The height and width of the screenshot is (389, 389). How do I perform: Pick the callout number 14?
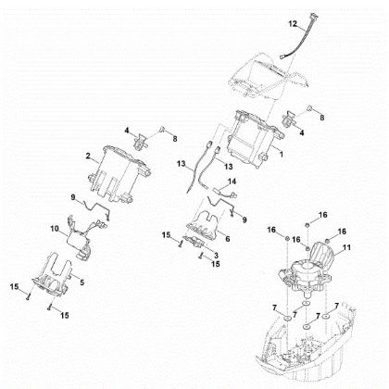coord(233,182)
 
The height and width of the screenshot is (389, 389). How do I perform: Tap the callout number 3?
coord(215,253)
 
